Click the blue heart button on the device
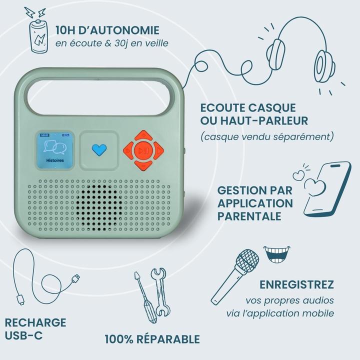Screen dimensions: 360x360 click(99, 149)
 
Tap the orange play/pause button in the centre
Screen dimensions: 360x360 click(143, 149)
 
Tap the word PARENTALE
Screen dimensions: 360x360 click(249, 216)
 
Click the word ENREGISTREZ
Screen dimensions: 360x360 click(296, 285)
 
